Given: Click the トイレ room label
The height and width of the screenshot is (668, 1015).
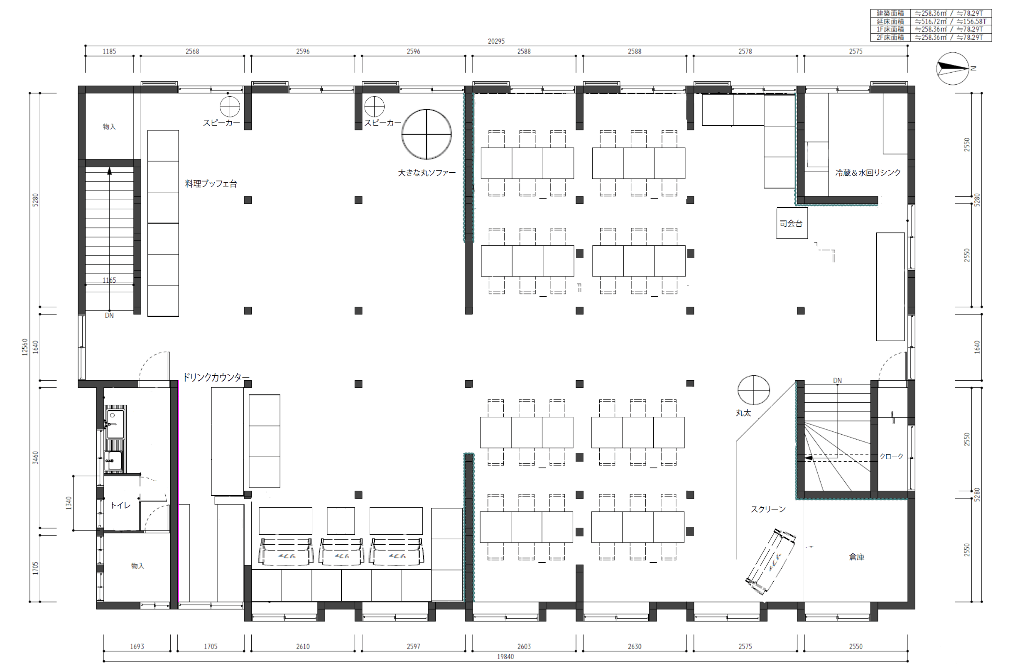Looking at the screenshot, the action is (121, 505).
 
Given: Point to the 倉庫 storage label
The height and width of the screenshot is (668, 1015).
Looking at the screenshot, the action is (857, 557).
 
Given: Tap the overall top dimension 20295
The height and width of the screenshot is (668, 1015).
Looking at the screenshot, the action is (496, 42).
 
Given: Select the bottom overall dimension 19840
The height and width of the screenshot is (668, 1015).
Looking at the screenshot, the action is (505, 657).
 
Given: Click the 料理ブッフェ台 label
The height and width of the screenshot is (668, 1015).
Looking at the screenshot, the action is (211, 184).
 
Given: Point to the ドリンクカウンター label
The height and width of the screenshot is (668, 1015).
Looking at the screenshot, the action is (216, 377).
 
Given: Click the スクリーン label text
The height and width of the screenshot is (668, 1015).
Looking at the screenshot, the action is (768, 509).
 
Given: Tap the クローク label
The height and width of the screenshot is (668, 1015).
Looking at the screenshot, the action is (891, 456).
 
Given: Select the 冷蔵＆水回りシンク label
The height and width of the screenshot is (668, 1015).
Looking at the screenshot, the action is (868, 173).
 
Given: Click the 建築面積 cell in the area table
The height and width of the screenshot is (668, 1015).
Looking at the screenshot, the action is (890, 13).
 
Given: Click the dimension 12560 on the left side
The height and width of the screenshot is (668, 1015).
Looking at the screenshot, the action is (25, 347).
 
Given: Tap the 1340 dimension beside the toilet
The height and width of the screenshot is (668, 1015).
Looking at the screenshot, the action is (69, 503).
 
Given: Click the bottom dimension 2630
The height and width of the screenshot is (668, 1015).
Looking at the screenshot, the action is (635, 647).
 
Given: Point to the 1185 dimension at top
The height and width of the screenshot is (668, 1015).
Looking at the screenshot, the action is (109, 51).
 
